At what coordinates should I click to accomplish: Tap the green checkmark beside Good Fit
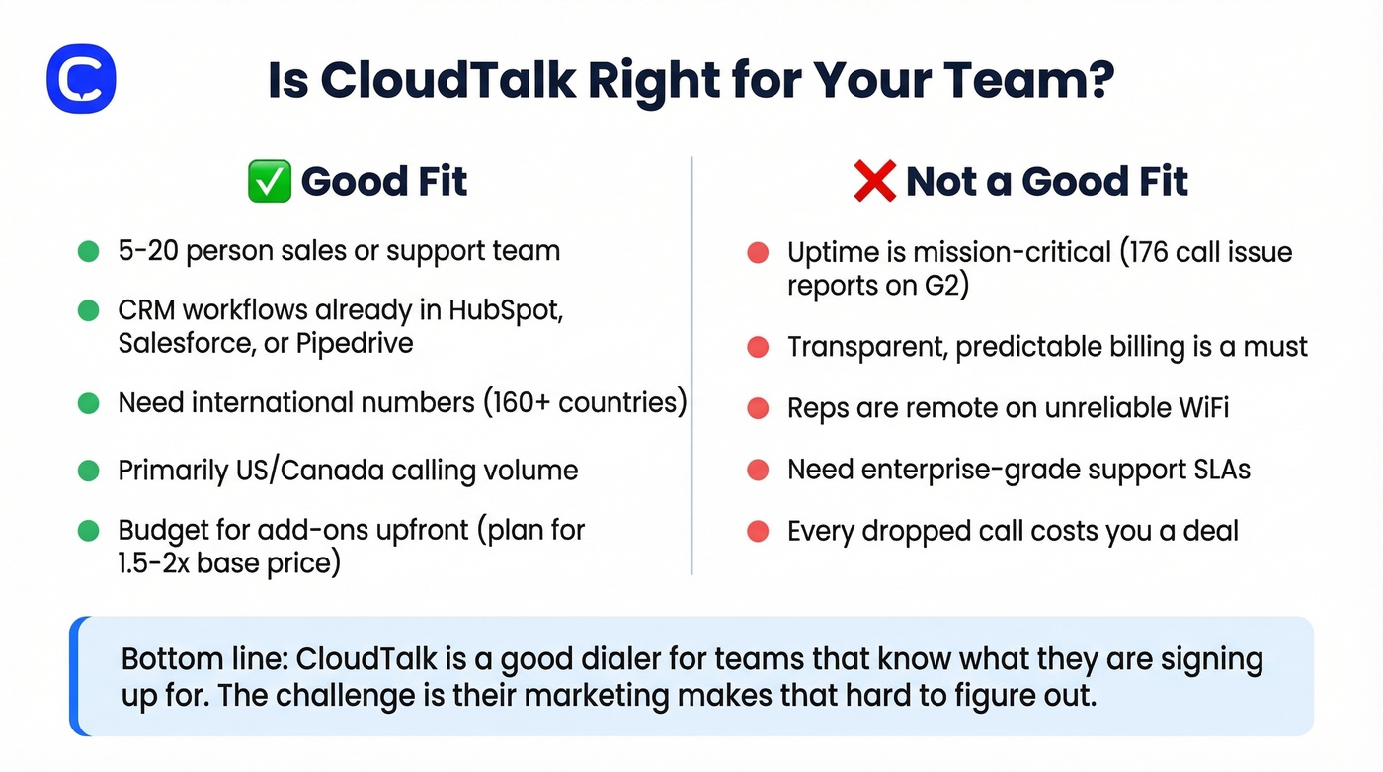(269, 182)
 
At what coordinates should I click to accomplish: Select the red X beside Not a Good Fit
(875, 182)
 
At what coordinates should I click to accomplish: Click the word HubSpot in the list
(505, 309)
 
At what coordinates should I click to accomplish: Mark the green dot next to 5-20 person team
(89, 251)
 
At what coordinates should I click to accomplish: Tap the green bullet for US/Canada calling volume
(89, 471)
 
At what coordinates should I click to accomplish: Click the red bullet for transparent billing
(758, 348)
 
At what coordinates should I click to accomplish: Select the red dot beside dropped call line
(758, 531)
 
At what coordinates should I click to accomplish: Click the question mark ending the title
(1099, 80)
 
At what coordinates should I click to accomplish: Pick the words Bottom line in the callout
(200, 659)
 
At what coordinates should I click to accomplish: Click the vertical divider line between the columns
(691, 366)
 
